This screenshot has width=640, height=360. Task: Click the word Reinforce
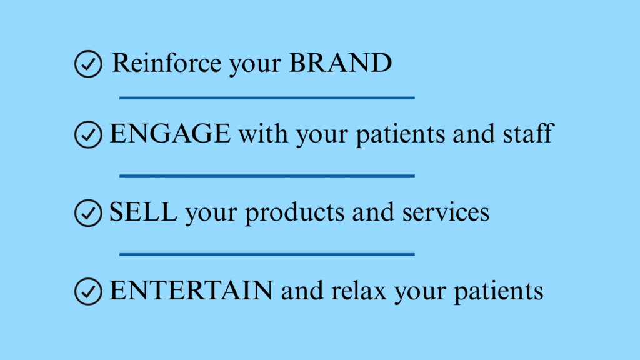click(x=166, y=63)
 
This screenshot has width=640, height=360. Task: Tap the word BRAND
click(x=341, y=63)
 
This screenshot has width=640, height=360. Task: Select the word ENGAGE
click(x=170, y=134)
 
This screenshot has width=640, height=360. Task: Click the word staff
click(x=528, y=133)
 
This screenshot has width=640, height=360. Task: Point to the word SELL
click(x=143, y=212)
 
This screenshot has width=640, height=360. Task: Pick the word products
click(x=295, y=212)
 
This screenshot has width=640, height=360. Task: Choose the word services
click(x=446, y=212)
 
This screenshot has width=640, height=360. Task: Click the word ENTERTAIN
click(x=191, y=291)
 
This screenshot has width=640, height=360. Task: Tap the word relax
click(x=359, y=291)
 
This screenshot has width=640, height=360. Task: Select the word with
click(x=263, y=134)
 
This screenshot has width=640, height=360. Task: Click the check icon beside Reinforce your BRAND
click(x=88, y=64)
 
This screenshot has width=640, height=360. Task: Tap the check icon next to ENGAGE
click(x=88, y=134)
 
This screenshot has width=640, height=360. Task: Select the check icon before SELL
click(x=88, y=212)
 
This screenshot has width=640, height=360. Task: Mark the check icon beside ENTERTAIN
click(x=88, y=291)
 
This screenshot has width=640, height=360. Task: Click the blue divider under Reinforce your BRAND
click(x=267, y=98)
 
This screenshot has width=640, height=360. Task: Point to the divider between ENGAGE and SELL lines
click(x=267, y=176)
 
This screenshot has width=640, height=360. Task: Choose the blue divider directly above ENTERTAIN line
click(x=267, y=254)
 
